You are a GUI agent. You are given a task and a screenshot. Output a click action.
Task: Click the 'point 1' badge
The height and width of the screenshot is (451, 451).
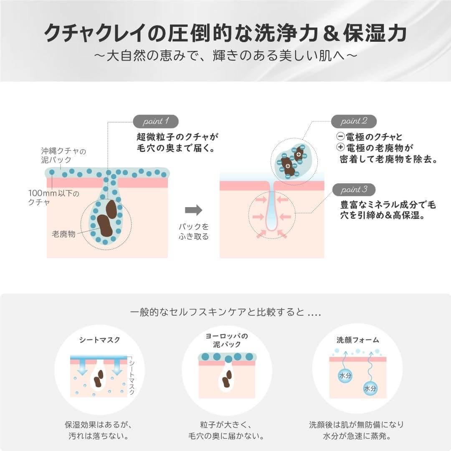[155, 122]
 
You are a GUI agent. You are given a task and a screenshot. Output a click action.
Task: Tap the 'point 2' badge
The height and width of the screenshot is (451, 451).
[354, 122]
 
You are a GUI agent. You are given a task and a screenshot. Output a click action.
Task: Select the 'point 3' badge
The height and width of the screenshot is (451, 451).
[354, 190]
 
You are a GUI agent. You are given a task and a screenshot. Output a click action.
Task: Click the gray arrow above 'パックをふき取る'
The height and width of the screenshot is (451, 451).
[193, 210]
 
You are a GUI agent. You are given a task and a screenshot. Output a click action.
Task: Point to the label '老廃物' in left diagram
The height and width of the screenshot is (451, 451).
[63, 234]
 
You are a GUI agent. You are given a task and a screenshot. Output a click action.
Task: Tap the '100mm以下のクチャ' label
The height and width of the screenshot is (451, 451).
[53, 198]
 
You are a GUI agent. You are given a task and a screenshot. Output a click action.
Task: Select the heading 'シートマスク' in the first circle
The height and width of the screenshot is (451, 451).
[99, 340]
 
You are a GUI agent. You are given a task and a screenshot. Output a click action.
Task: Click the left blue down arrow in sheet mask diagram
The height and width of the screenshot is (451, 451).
[82, 367]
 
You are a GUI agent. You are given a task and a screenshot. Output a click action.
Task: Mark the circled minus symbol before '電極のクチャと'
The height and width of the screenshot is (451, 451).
[340, 136]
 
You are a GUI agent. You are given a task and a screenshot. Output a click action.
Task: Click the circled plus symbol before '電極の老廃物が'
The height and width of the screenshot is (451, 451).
[340, 147]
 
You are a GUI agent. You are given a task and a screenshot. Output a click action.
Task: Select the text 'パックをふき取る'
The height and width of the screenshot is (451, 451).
[193, 232]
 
